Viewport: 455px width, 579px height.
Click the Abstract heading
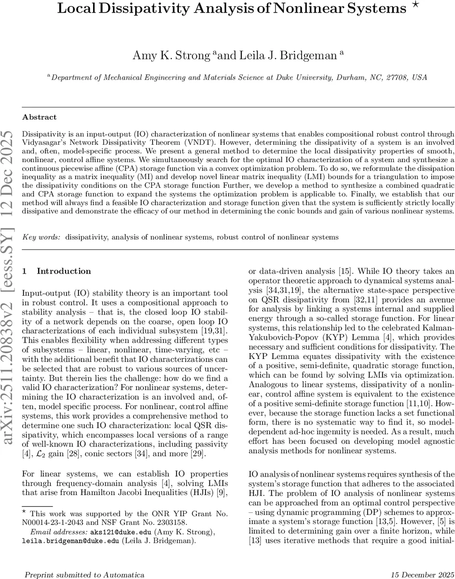39,117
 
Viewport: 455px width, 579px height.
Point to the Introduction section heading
64,271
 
